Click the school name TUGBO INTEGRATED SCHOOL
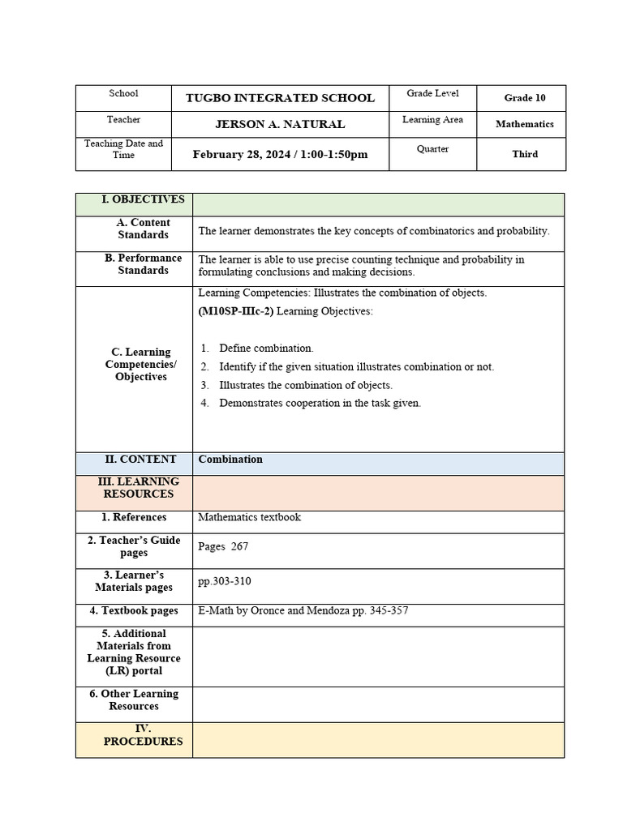(280, 98)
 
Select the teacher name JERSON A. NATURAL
(280, 124)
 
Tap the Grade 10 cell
(524, 98)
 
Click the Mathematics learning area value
(524, 124)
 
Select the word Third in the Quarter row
(524, 154)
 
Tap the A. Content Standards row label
(143, 229)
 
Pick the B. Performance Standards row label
(143, 264)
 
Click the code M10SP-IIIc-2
(235, 311)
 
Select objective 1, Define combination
(266, 349)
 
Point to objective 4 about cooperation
(320, 403)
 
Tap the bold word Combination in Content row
(230, 460)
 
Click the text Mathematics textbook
(249, 517)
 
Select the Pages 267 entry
(223, 546)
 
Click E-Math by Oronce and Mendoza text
(303, 610)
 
